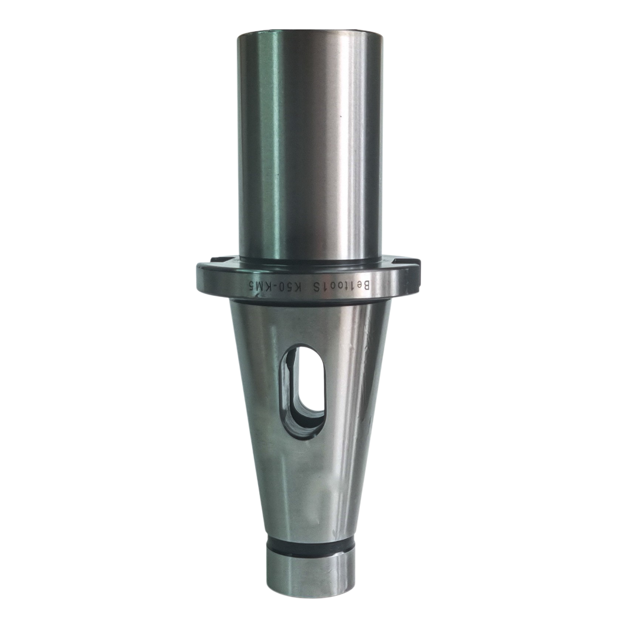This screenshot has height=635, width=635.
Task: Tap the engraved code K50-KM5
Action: pos(275,286)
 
